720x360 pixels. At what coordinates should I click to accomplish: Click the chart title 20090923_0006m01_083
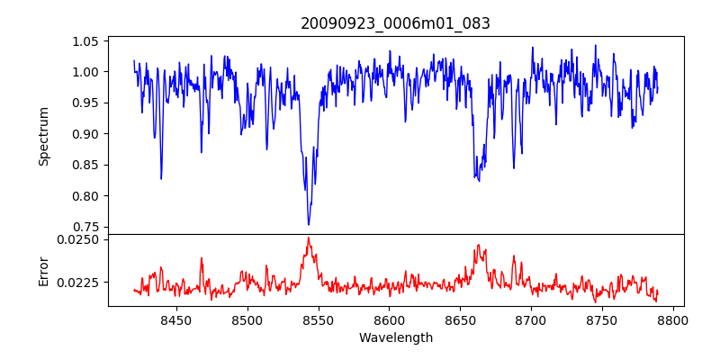395,23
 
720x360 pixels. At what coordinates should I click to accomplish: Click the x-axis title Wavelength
395,337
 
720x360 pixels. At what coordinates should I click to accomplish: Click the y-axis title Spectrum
43,136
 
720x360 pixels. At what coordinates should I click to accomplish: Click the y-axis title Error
43,270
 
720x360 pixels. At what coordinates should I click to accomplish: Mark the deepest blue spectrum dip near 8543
308,224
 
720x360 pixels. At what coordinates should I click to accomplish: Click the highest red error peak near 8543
308,238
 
